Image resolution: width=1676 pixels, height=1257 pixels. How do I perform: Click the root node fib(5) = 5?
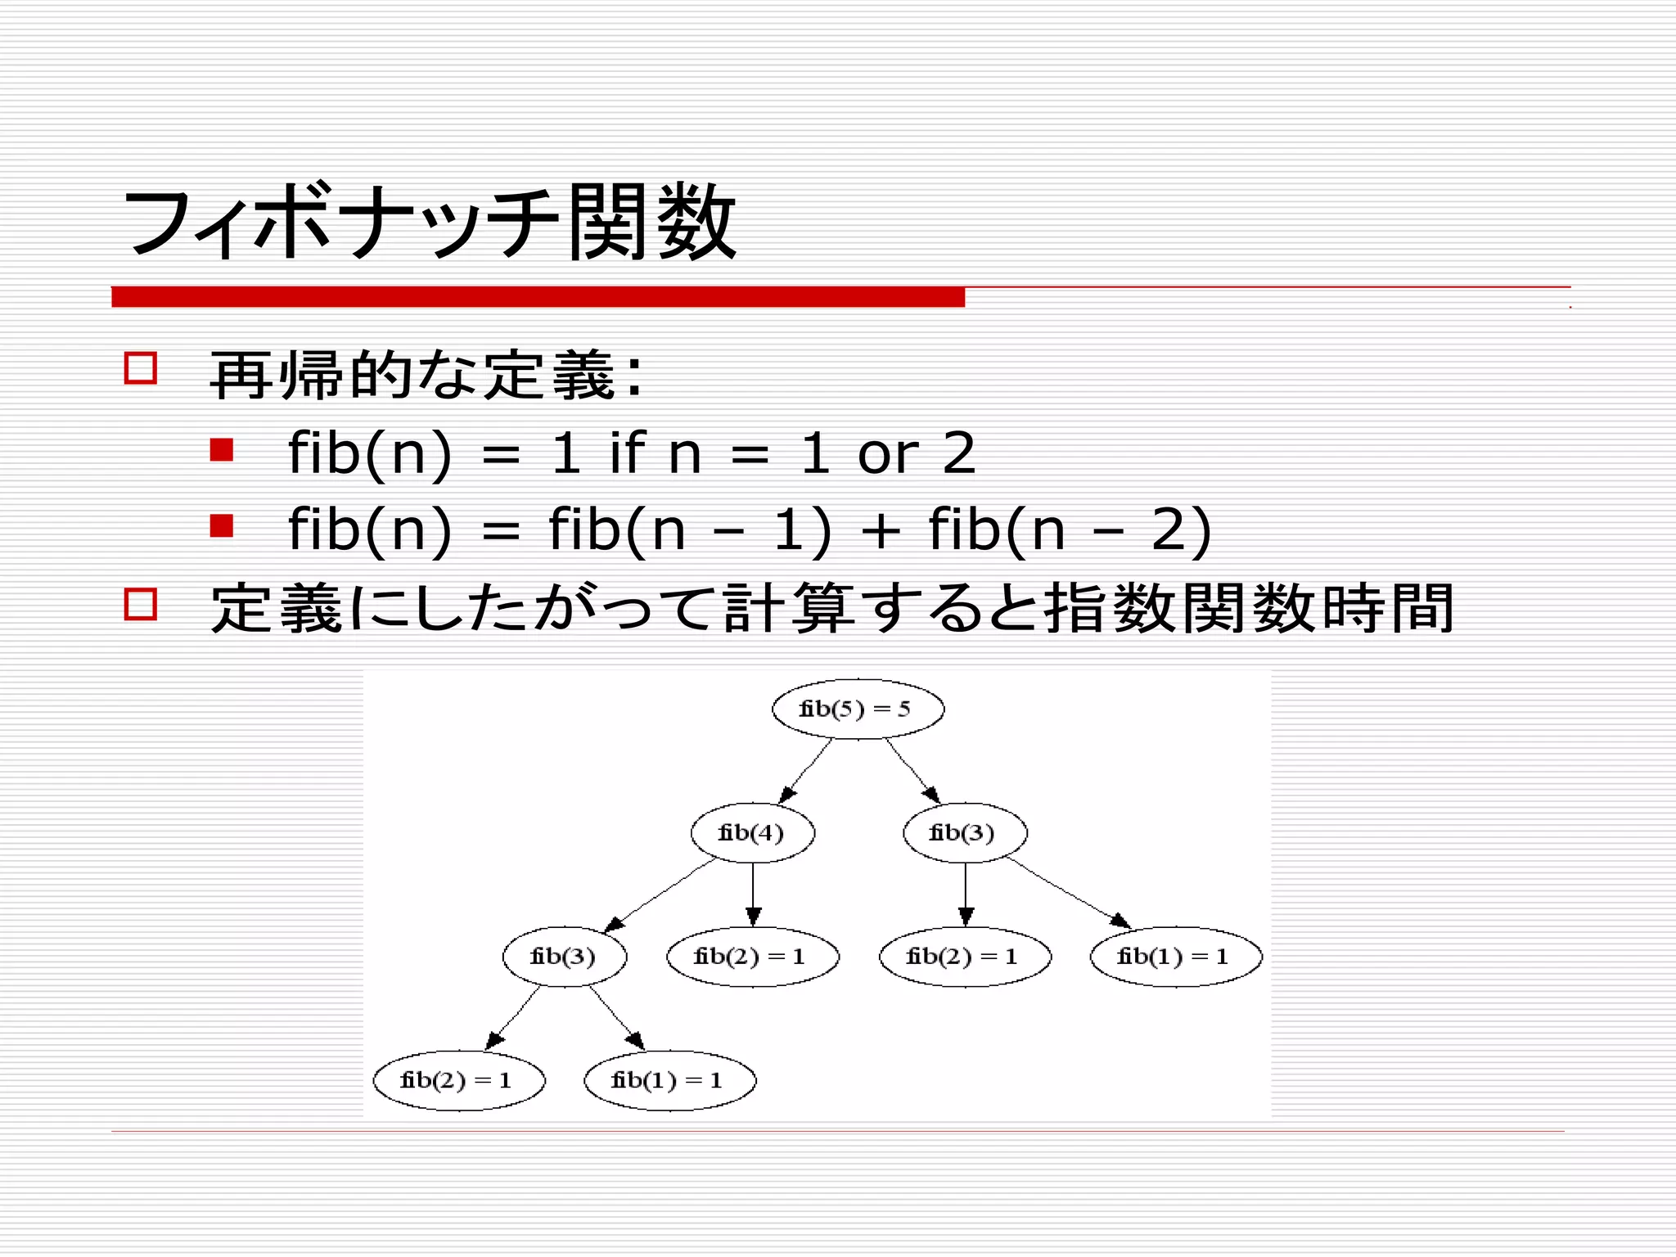pyautogui.click(x=858, y=709)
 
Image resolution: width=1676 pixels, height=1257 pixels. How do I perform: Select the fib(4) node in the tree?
pyautogui.click(x=753, y=833)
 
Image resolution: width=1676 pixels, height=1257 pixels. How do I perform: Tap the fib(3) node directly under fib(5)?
pyautogui.click(x=965, y=833)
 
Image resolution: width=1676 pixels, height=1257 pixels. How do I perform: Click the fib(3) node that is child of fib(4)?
pyautogui.click(x=565, y=957)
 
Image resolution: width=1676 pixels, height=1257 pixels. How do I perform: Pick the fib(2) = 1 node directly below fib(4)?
pyautogui.click(x=753, y=957)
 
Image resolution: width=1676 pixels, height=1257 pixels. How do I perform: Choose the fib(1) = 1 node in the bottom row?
pyautogui.click(x=669, y=1080)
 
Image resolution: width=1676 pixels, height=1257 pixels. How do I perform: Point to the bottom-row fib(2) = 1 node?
pyautogui.click(x=459, y=1080)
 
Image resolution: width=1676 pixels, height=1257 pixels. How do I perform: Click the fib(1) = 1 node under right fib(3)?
pyautogui.click(x=1176, y=957)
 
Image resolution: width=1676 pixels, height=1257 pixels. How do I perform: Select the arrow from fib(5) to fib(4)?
pyautogui.click(x=806, y=771)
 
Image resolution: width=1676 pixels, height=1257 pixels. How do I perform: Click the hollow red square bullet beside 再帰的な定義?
pyautogui.click(x=140, y=368)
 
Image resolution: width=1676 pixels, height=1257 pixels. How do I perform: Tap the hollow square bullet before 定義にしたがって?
pyautogui.click(x=140, y=604)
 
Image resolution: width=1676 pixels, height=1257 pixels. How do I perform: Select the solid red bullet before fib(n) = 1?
pyautogui.click(x=222, y=450)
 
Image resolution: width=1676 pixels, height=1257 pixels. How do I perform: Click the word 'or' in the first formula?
pyautogui.click(x=888, y=455)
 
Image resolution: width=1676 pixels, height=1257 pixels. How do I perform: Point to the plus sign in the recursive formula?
pyautogui.click(x=881, y=531)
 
